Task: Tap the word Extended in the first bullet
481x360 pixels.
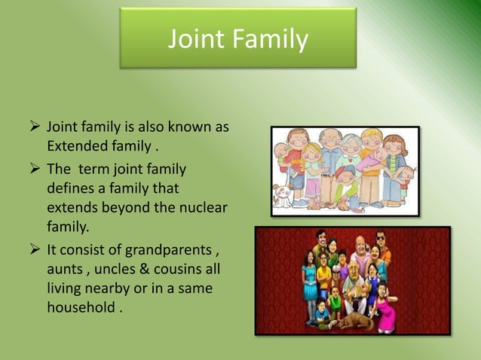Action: point(75,144)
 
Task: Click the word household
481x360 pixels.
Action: point(80,307)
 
